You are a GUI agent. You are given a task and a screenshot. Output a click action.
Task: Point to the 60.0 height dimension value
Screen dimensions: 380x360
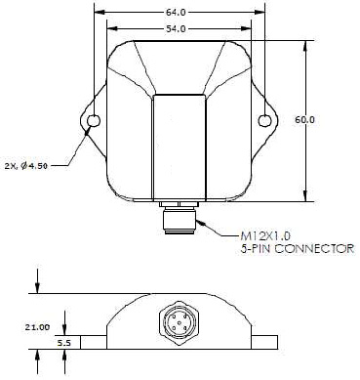307,119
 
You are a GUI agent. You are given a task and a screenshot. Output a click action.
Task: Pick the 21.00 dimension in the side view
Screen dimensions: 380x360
36,328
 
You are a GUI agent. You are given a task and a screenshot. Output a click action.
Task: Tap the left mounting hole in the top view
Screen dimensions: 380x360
94,121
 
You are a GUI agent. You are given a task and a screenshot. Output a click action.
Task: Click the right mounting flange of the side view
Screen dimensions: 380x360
266,343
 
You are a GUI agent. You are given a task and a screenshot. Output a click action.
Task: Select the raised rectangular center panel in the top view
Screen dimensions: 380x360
180,147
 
